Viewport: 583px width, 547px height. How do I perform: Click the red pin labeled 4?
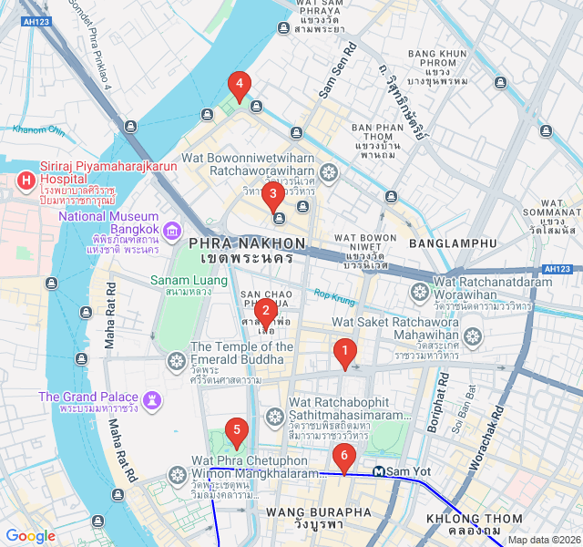click(x=239, y=86)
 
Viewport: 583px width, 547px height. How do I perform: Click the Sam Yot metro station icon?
click(x=377, y=471)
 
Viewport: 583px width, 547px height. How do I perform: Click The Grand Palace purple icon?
click(x=151, y=399)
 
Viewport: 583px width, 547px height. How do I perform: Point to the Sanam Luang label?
click(x=182, y=280)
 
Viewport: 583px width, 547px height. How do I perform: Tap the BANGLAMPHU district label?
click(x=453, y=243)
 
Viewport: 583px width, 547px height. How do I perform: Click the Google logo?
click(x=30, y=536)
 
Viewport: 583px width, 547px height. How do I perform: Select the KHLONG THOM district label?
click(x=464, y=519)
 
